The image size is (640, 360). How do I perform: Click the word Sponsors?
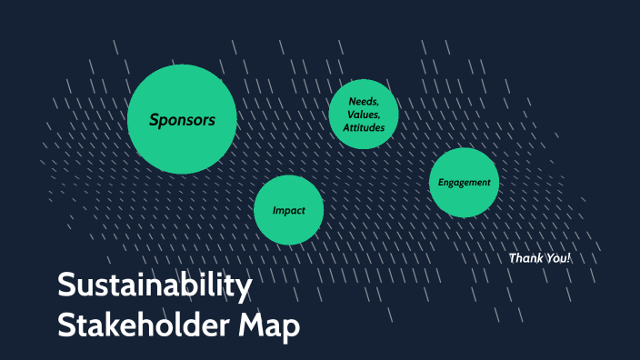tap(183, 119)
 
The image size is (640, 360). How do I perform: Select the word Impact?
tap(288, 210)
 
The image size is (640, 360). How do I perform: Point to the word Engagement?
tap(464, 182)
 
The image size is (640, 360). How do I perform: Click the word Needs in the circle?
tap(363, 101)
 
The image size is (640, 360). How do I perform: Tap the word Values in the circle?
tap(363, 115)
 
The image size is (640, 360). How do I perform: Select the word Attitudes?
tap(364, 128)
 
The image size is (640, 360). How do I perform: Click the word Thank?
tap(526, 258)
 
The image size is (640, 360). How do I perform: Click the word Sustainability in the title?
tap(155, 287)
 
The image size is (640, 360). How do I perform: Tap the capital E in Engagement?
tap(441, 182)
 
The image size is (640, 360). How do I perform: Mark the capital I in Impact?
tap(275, 210)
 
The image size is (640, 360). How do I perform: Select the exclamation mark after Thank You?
tap(569, 258)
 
